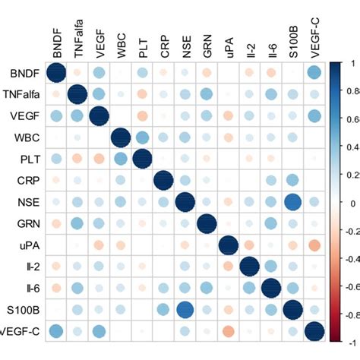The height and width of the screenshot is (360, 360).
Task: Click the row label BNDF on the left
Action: pyautogui.click(x=21, y=73)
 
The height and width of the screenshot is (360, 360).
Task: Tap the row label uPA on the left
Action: pyautogui.click(x=26, y=245)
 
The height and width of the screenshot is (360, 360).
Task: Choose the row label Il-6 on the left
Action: pyautogui.click(x=28, y=289)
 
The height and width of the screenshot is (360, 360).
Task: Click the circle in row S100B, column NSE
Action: pyautogui.click(x=185, y=310)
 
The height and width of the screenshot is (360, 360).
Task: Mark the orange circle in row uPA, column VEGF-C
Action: pyautogui.click(x=315, y=245)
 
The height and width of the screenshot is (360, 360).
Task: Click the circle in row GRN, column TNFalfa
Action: pyautogui.click(x=77, y=224)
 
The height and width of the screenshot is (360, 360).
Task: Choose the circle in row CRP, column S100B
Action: pyautogui.click(x=293, y=181)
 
